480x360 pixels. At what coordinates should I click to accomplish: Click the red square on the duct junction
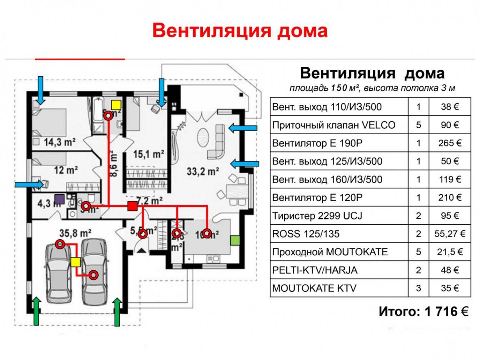pos(132,206)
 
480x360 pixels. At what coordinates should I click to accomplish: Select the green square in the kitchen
pos(235,240)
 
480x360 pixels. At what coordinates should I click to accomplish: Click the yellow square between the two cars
pos(75,262)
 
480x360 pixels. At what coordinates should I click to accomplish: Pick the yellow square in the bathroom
pos(116,105)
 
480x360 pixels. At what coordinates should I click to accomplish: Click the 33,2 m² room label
pos(203,171)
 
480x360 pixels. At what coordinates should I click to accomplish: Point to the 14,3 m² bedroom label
pos(60,142)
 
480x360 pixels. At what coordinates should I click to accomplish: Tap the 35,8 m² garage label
pos(75,233)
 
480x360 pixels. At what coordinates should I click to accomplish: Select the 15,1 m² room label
pos(149,154)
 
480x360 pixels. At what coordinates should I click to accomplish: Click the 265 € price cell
pos(450,143)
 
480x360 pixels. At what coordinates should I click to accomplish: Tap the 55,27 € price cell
pos(450,234)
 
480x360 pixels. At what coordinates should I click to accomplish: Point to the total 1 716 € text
pos(424,311)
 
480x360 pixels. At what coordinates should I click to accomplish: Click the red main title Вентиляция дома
pos(240,30)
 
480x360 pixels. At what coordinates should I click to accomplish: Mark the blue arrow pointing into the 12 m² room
pos(31,184)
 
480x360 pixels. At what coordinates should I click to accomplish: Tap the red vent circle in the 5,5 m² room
pos(142,234)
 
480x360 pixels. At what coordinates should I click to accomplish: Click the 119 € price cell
pos(450,179)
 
